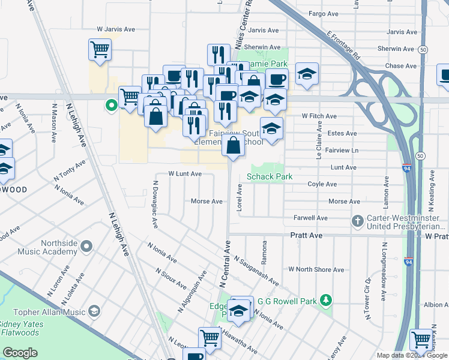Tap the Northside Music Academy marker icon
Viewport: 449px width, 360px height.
(x=88, y=245)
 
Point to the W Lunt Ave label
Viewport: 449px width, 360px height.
(x=185, y=173)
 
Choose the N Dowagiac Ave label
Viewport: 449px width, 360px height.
(x=155, y=205)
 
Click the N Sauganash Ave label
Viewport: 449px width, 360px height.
(x=256, y=271)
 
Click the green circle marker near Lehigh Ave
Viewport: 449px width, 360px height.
(x=111, y=106)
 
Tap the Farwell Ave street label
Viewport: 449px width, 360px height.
(x=310, y=218)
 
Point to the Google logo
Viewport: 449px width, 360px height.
(x=20, y=353)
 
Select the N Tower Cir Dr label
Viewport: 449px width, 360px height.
(x=367, y=296)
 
